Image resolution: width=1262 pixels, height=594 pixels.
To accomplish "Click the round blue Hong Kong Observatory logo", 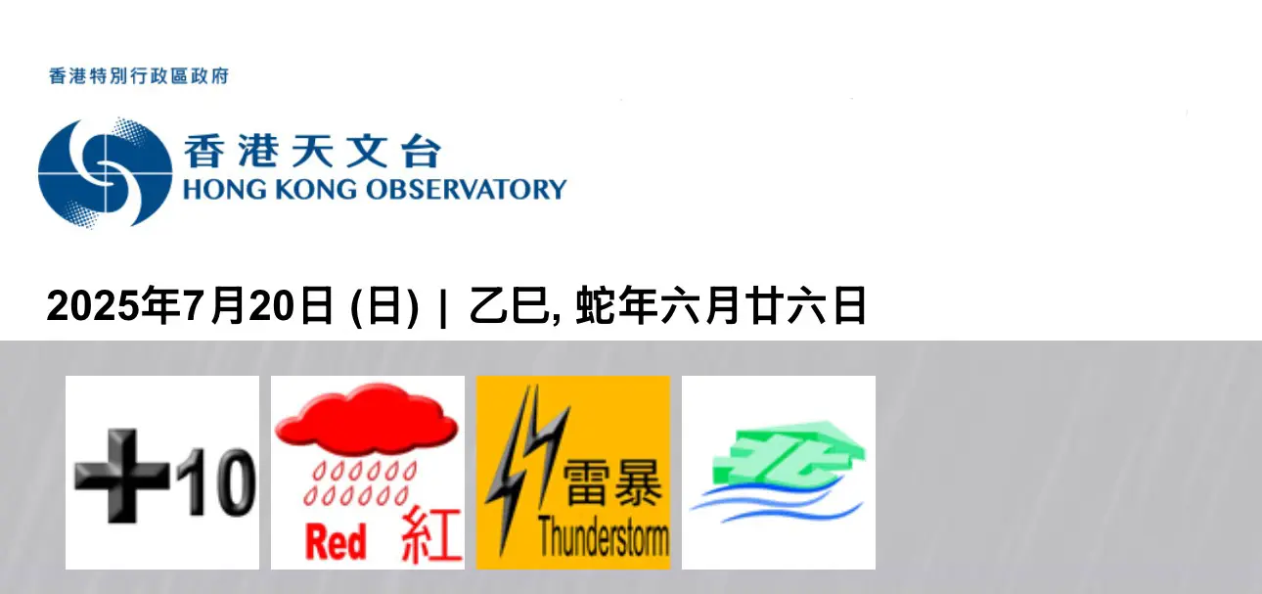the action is pyautogui.click(x=106, y=172).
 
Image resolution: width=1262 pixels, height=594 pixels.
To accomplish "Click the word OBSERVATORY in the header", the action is pyautogui.click(x=467, y=190).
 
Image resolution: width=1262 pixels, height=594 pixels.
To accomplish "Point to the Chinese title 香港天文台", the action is pyautogui.click(x=313, y=151).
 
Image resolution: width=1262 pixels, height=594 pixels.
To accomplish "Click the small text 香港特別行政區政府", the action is pyautogui.click(x=139, y=76).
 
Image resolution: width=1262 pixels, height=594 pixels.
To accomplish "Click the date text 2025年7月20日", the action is pyautogui.click(x=190, y=305).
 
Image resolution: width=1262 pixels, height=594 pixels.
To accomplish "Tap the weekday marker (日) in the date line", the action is pyautogui.click(x=384, y=306).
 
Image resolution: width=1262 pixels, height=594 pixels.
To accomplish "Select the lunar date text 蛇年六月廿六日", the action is pyautogui.click(x=721, y=305).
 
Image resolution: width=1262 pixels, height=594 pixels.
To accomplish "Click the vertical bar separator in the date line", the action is pyautogui.click(x=443, y=306).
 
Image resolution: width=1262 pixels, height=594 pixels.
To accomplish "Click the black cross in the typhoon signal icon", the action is pyautogui.click(x=121, y=476).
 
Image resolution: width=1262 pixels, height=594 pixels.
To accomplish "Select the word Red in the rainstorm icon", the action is pyautogui.click(x=336, y=542).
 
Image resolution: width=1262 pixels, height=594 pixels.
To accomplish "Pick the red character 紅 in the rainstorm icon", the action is pyautogui.click(x=431, y=535).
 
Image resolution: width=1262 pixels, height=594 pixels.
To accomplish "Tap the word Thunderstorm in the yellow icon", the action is pyautogui.click(x=604, y=537).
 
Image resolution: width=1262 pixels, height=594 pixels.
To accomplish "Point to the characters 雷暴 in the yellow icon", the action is pyautogui.click(x=612, y=482).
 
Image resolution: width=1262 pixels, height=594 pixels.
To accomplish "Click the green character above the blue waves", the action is pyautogui.click(x=789, y=452).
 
